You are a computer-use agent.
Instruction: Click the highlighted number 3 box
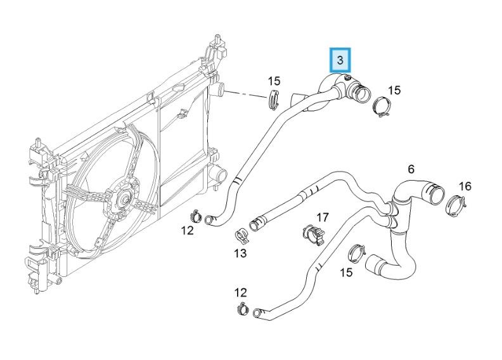pos(340,60)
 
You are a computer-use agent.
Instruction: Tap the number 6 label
pos(411,169)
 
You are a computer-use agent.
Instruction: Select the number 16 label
pos(465,186)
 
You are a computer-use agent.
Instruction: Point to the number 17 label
pos(323,217)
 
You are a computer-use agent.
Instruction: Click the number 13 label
pos(240,254)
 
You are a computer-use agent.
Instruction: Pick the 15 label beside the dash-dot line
pos(273,80)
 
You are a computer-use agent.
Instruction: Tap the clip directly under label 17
pos(312,235)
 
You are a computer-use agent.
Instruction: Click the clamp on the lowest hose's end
pos(242,310)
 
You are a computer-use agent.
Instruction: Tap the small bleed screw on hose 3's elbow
pos(346,79)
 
